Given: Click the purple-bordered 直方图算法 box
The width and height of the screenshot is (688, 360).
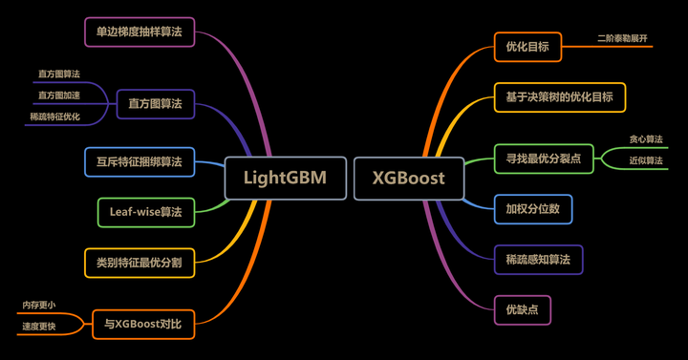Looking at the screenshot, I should (155, 103).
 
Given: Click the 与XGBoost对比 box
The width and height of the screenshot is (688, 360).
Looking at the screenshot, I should (149, 325).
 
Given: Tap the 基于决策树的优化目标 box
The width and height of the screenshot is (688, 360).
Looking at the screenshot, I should (559, 96).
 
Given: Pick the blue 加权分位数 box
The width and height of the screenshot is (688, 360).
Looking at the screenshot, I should (532, 208).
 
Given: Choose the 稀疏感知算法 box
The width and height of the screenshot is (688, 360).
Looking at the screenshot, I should (537, 259).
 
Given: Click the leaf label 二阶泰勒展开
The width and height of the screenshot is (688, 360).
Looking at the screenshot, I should (623, 39).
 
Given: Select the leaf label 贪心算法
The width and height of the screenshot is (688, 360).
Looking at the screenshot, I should (646, 139).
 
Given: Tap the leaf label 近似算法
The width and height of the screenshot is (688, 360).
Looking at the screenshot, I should (646, 161).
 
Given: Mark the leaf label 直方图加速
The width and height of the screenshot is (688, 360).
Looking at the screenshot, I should (59, 95).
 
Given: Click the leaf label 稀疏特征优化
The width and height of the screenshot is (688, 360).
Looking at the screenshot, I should (54, 116).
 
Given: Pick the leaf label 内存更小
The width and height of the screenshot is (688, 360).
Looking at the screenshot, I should (39, 305).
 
